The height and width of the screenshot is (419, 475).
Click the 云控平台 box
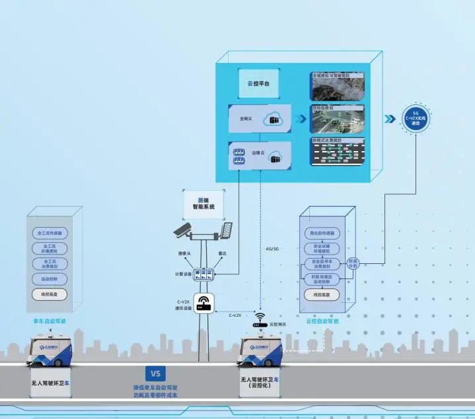(258, 83)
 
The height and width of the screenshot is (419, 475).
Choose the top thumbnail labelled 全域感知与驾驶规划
(338, 86)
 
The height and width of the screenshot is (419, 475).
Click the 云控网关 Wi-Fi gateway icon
(259, 321)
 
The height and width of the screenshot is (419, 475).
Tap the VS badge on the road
(155, 373)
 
